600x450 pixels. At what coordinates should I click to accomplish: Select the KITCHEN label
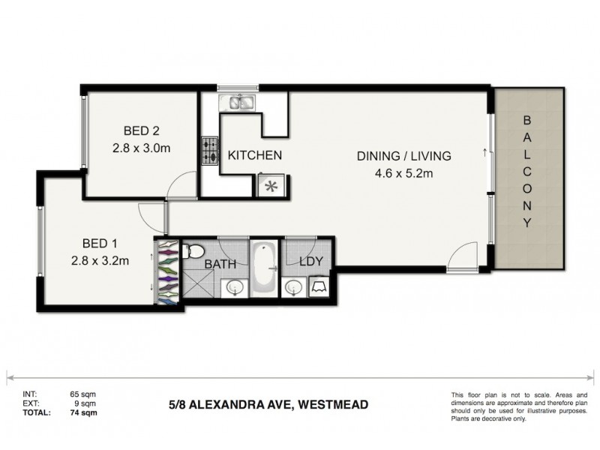(255, 156)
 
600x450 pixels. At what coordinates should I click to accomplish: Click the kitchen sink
(239, 102)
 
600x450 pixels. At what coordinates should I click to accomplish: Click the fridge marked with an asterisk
(268, 184)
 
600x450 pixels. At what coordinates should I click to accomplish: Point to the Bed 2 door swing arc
(178, 183)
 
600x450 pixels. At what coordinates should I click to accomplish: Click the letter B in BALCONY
(526, 120)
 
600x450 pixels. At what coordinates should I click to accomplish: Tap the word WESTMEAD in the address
(334, 406)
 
